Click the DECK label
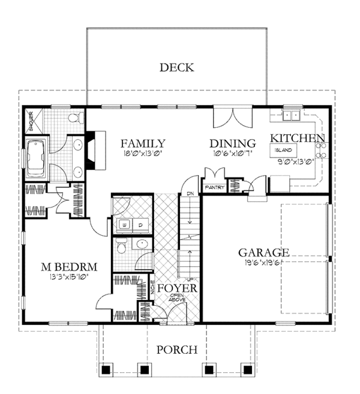pos(176,67)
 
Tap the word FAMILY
pos(143,143)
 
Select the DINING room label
pos(233,143)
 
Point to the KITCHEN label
pos(297,138)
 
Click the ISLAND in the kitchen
pos(284,150)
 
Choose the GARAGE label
pos(263,252)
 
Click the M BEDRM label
pos(69,266)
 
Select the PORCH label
pos(176,350)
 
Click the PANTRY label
pos(214,187)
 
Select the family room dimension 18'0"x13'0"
pos(142,153)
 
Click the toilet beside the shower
pos(75,117)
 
